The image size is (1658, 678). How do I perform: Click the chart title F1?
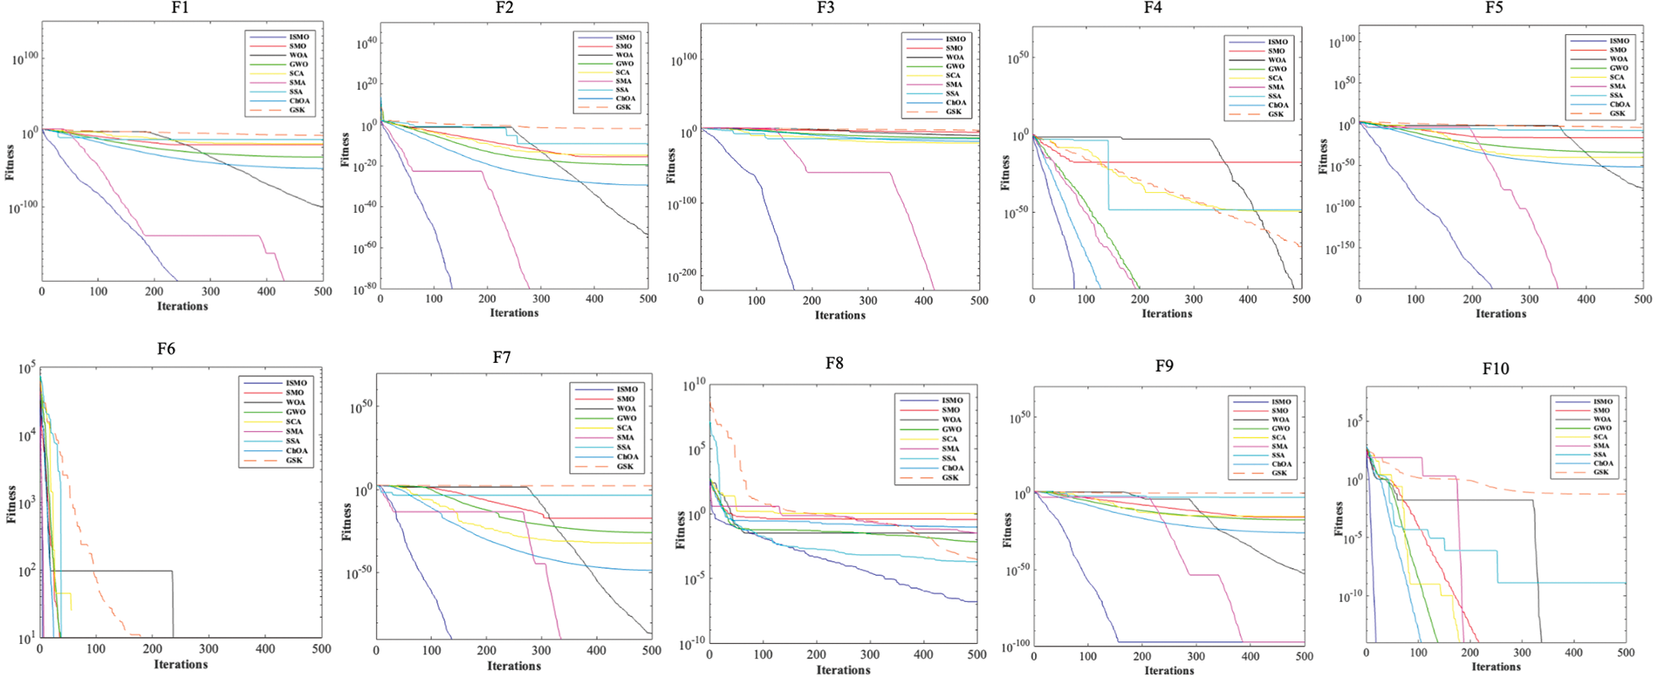tap(180, 9)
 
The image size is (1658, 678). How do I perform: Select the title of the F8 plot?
tap(834, 363)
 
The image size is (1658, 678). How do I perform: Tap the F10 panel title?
tap(1495, 369)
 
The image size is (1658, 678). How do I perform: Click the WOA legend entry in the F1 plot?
tap(298, 55)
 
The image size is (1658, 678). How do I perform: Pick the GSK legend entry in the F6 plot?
tap(293, 460)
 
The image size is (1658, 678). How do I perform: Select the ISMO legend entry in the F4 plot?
tap(1277, 42)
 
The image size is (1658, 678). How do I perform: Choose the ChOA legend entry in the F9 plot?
tap(1280, 463)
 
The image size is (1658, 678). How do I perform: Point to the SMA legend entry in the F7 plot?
tap(626, 437)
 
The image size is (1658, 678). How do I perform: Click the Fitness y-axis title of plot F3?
tap(671, 165)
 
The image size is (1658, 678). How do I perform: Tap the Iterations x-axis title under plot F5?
tap(1501, 313)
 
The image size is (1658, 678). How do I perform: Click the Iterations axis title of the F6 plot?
tap(182, 664)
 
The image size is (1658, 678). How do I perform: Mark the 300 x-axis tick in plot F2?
tap(541, 298)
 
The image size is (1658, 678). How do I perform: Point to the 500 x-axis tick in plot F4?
tap(1301, 299)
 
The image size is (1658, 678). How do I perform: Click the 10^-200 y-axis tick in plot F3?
tap(683, 277)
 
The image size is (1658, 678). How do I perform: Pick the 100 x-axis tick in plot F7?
tap(432, 650)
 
